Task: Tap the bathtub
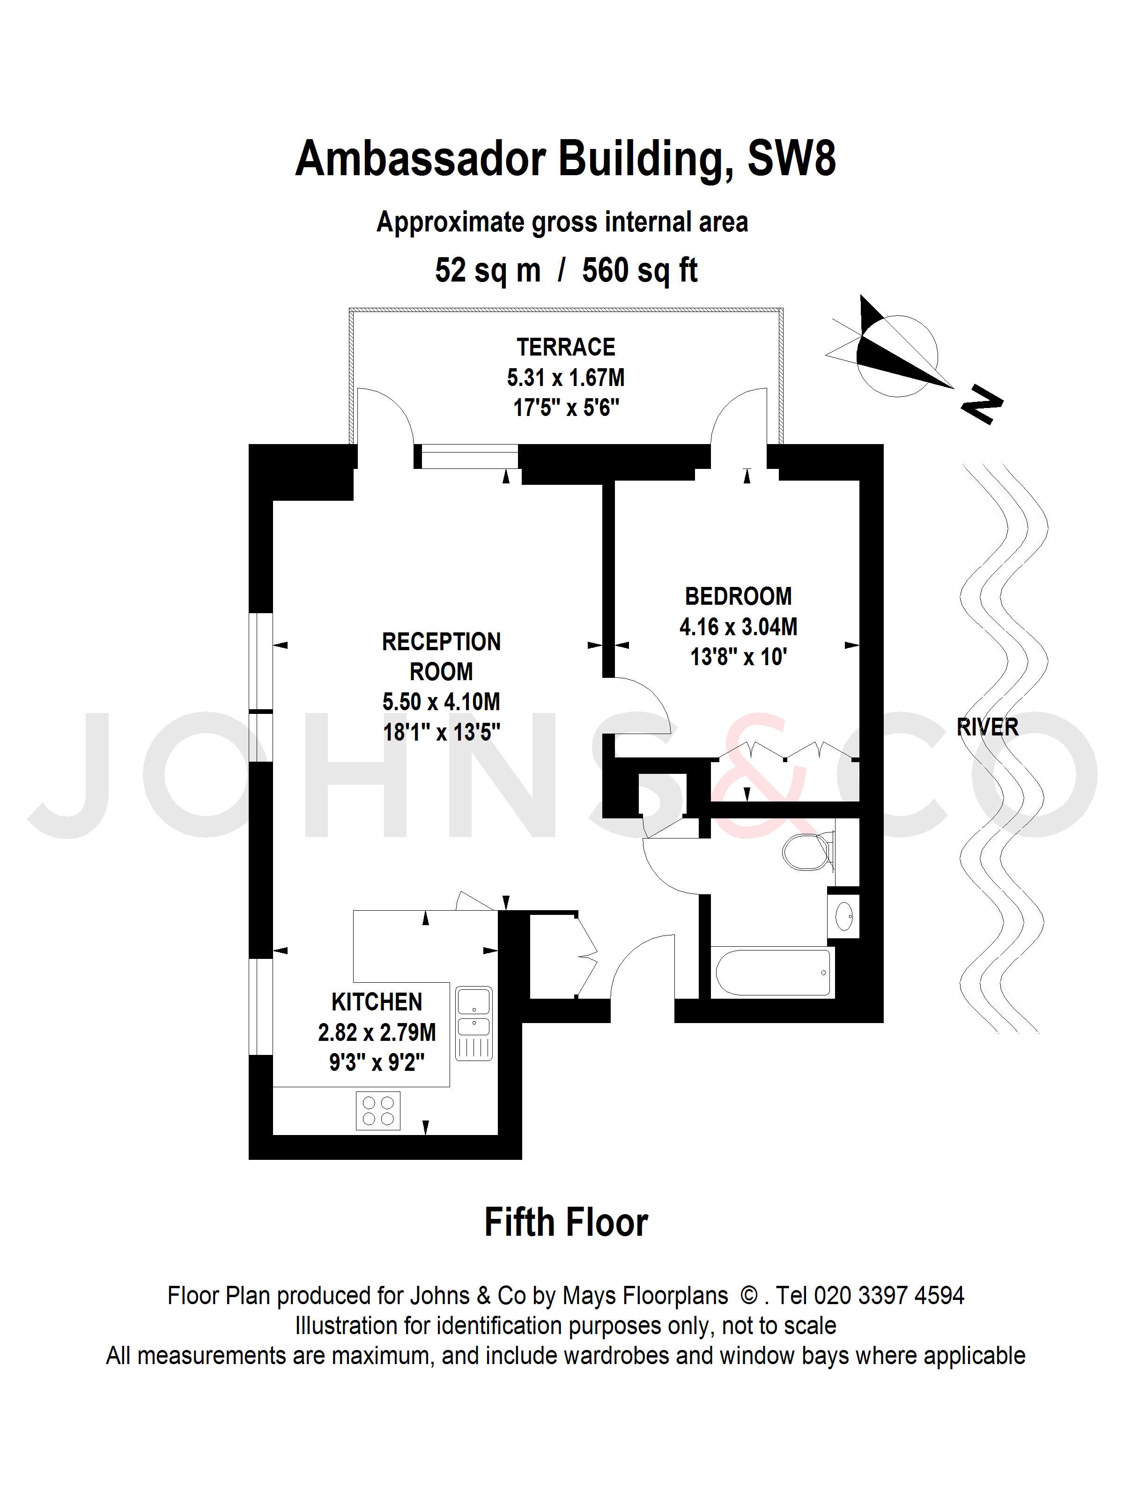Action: click(774, 972)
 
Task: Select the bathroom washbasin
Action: click(843, 916)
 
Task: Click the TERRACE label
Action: click(566, 347)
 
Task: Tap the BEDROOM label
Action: click(738, 596)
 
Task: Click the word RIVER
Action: click(987, 727)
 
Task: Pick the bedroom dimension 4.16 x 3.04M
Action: click(738, 627)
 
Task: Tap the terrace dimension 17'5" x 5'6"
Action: click(566, 408)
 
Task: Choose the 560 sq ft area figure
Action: click(640, 270)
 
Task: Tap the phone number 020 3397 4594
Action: click(888, 1296)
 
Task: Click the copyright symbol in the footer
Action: click(749, 1296)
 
